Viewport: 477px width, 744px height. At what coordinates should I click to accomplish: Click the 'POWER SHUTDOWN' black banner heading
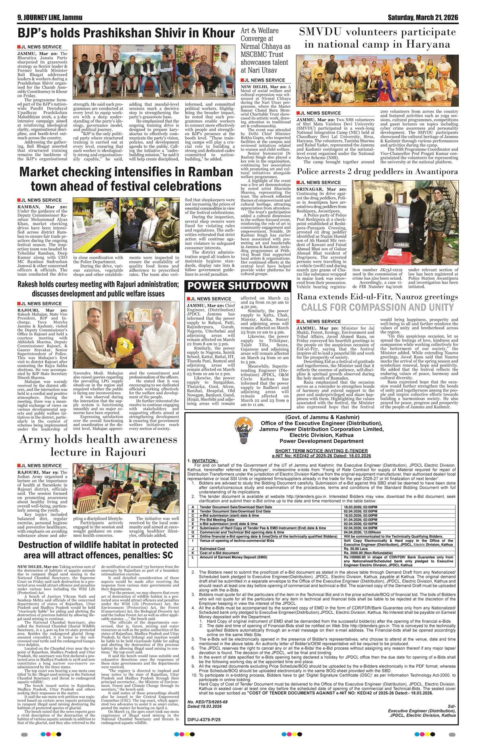(x=237, y=286)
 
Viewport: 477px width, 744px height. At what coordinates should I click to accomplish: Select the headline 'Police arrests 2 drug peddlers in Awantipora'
(x=378, y=172)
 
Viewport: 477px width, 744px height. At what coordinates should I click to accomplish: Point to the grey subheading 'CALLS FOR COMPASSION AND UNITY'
(x=377, y=307)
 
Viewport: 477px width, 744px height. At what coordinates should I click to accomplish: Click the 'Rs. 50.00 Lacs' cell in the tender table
(x=356, y=549)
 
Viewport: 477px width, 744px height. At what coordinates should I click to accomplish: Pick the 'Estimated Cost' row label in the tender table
(x=211, y=549)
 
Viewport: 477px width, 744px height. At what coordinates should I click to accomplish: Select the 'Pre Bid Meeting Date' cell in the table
(x=217, y=520)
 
